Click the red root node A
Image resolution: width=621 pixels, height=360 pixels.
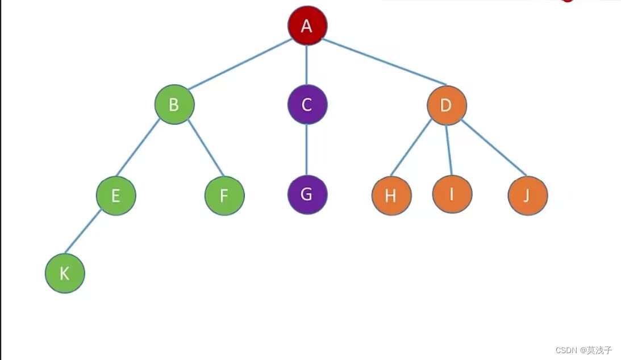(x=307, y=25)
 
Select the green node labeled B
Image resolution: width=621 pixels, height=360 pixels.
(x=174, y=105)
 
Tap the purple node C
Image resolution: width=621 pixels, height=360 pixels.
(x=307, y=105)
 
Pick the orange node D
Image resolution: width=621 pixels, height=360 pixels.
(x=447, y=105)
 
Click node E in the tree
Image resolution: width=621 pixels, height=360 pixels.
(x=116, y=196)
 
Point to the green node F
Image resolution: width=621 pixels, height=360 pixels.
(x=224, y=196)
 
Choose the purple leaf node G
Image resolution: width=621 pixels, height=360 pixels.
(x=307, y=195)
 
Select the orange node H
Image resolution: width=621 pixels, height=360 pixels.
(x=391, y=196)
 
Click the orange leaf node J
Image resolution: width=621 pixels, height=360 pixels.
(x=528, y=196)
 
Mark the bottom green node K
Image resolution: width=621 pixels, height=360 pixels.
(x=65, y=273)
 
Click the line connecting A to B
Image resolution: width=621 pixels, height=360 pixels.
(x=240, y=64)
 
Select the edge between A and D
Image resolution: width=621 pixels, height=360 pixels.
(x=385, y=62)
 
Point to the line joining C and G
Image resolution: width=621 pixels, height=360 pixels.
(x=307, y=150)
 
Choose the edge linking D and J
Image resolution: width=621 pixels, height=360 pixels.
(x=494, y=147)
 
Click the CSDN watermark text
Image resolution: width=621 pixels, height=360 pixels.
(x=584, y=350)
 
